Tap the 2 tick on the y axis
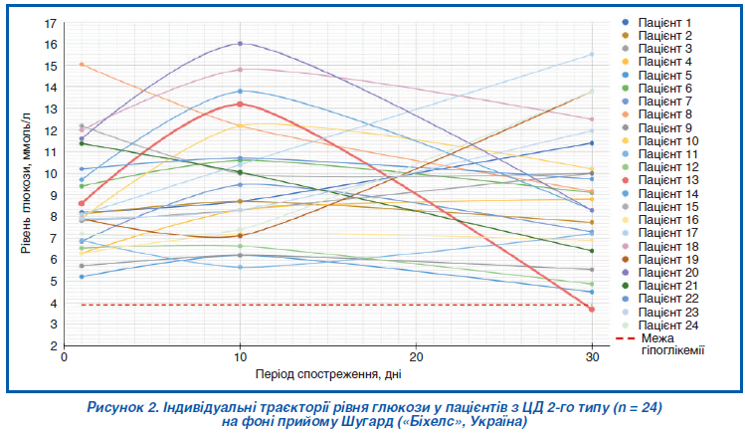tap(53, 346)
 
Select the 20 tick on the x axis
tap(417, 357)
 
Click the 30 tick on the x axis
tap(592, 357)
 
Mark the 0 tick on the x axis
tap(65, 357)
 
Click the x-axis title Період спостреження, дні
tap(328, 375)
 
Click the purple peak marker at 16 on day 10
tap(241, 44)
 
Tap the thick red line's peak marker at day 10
tap(241, 104)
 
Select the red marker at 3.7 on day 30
tap(592, 310)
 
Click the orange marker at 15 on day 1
tap(83, 65)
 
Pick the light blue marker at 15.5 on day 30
tap(592, 55)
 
